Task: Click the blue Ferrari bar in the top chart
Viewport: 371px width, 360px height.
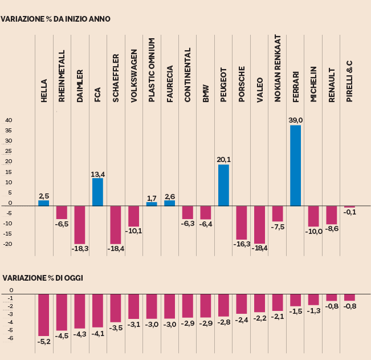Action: pos(295,165)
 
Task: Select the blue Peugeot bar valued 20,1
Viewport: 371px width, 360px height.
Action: pos(223,185)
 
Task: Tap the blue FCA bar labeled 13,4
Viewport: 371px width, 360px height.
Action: pos(97,192)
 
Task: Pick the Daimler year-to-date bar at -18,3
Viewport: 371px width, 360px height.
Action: pos(79,225)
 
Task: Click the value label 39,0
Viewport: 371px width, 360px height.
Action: pos(295,120)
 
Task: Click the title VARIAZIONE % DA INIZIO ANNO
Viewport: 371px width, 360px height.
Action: pos(55,19)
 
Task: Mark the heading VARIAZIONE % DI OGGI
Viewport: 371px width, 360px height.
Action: pos(43,278)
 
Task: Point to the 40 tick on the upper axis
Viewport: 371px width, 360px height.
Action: pos(9,120)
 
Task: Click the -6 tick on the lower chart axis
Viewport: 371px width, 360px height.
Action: pos(10,338)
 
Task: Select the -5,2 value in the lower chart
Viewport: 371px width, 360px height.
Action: pos(44,341)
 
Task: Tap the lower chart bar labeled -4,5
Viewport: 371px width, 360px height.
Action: pos(62,312)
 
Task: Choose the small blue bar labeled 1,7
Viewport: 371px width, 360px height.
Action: pos(152,204)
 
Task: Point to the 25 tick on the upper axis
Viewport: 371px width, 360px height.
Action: pos(9,151)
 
